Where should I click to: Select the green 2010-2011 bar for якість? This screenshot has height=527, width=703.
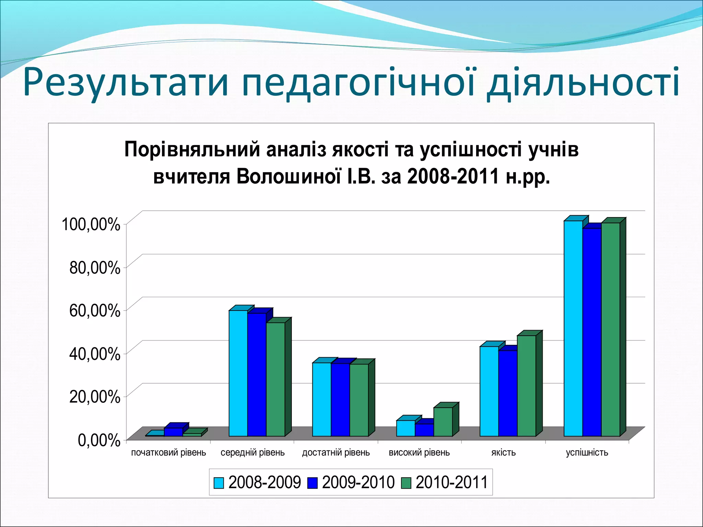pos(526,386)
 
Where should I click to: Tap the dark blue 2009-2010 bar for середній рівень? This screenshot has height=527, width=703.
pos(257,374)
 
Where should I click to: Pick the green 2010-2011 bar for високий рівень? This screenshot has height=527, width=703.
pos(443,422)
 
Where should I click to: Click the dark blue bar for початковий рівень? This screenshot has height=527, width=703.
pos(173,432)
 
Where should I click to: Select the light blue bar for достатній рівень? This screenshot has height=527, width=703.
pos(322,399)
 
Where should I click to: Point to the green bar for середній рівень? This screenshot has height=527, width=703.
pos(275,379)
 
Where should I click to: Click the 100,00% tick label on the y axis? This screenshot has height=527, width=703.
pos(91,225)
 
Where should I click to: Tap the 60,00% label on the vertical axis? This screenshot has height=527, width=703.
pos(95,311)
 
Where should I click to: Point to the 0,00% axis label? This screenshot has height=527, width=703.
pos(99,440)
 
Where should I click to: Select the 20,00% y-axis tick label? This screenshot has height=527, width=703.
pos(95,397)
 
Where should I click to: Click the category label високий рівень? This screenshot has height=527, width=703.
pos(419,453)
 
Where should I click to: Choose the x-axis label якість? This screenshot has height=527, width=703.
pos(503,453)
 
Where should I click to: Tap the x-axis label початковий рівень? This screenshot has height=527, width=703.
pos(169,453)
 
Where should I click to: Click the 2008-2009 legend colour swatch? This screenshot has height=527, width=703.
pos(219,483)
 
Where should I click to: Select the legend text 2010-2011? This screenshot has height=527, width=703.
pos(452,482)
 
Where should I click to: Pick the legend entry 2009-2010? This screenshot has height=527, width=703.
pos(358,482)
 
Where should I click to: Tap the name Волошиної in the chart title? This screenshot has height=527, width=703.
pos(289,177)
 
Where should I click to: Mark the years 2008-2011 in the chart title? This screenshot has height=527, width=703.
pos(453,177)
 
